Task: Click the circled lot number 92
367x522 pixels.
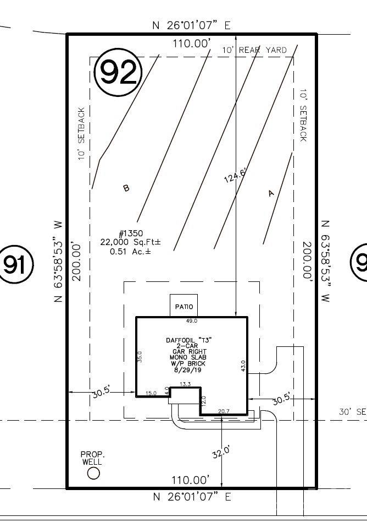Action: (119, 72)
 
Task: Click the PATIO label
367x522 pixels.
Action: (183, 306)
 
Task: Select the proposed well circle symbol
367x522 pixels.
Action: (94, 473)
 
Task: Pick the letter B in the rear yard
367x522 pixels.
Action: (126, 188)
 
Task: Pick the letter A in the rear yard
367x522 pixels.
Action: (270, 193)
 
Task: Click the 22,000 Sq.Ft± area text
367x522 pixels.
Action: (130, 242)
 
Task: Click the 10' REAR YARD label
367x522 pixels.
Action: (254, 50)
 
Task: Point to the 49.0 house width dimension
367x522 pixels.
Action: (191, 320)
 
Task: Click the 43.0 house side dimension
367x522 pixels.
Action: (243, 366)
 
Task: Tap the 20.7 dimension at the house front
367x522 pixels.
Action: (223, 411)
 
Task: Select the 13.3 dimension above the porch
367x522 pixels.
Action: (185, 384)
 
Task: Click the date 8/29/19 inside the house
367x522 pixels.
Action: (188, 371)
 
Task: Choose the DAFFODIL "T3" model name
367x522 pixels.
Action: (188, 340)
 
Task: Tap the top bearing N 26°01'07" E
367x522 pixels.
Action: (192, 25)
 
